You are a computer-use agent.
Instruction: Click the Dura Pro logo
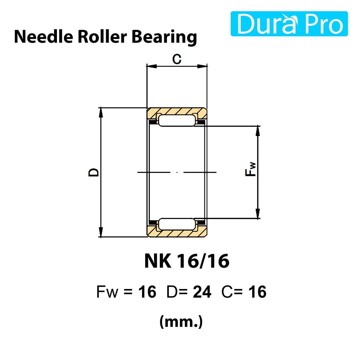coord(289,24)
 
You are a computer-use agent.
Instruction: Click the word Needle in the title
coord(44,37)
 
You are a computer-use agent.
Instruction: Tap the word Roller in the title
coord(102,37)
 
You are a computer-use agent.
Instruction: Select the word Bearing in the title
coord(164,38)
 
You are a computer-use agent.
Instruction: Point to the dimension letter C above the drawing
coord(177,59)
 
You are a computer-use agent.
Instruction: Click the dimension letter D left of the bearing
coord(94,172)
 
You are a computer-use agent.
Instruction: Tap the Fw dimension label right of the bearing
coord(250,169)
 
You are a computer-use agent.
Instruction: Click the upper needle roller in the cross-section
coord(177,121)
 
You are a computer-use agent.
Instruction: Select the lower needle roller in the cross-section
coord(177,224)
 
